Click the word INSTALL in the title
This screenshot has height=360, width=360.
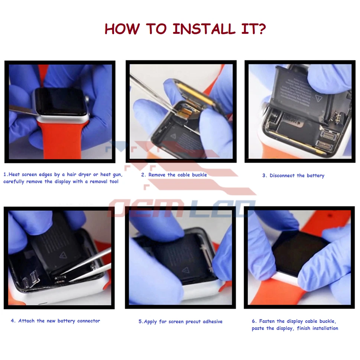click(204, 29)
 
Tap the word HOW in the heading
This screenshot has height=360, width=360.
click(122, 29)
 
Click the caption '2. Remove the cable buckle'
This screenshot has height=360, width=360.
click(174, 175)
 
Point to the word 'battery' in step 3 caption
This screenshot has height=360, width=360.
click(315, 176)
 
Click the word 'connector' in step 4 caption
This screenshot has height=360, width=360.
click(88, 321)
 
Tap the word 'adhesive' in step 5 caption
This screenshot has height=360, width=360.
click(213, 321)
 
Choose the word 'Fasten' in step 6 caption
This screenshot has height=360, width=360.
click(267, 321)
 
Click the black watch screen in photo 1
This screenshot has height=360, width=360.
click(60, 101)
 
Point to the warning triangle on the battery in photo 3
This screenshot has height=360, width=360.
click(318, 98)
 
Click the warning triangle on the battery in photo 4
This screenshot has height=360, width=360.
click(62, 255)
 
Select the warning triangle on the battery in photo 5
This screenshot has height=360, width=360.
click(185, 270)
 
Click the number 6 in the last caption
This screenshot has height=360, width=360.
click(253, 321)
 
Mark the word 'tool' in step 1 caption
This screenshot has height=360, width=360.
click(114, 181)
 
